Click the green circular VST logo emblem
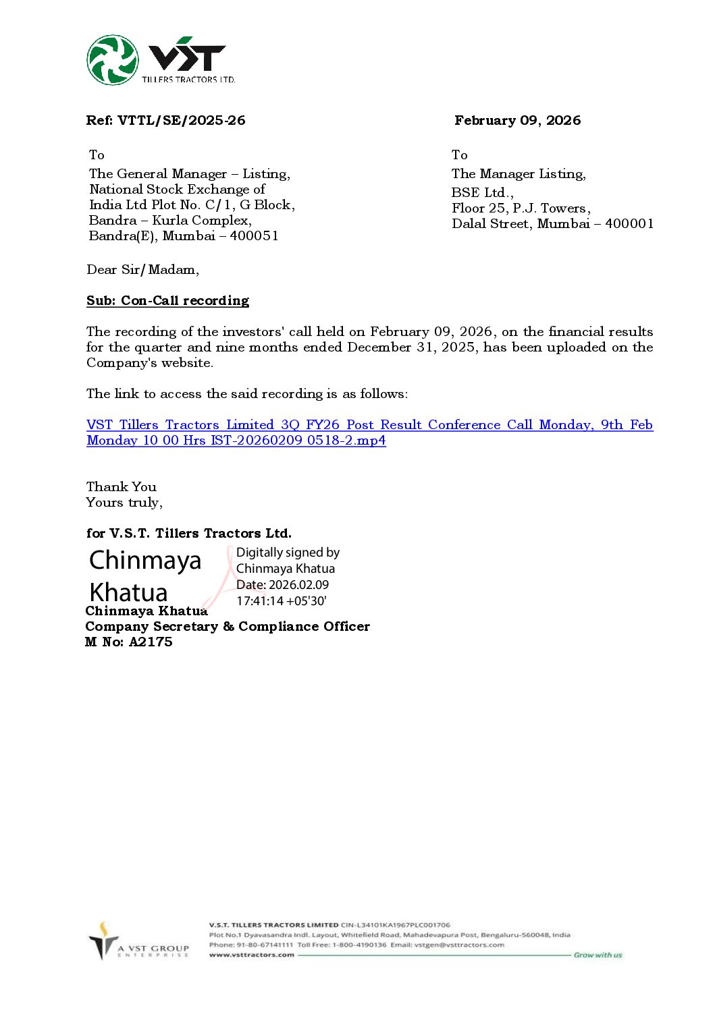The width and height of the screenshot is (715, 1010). point(113,60)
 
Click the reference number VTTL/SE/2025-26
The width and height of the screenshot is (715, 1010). point(181,121)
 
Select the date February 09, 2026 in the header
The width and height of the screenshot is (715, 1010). point(517,121)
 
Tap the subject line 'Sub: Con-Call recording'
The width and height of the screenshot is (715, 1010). point(167,301)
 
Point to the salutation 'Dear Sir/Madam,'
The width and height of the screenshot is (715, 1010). point(142,270)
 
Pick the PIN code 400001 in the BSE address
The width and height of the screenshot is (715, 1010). point(629,224)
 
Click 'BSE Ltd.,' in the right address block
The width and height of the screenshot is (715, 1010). point(482,192)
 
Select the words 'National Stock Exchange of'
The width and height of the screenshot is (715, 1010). point(177,190)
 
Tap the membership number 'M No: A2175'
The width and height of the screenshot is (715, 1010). point(128,642)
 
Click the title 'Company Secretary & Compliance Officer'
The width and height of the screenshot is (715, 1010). point(228,627)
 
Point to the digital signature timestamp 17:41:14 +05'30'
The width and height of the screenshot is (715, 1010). point(282,601)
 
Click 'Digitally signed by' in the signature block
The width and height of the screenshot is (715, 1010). point(288,553)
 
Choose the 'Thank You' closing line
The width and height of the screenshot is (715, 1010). point(121,487)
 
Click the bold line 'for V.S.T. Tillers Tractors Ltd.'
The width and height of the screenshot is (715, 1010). point(189,534)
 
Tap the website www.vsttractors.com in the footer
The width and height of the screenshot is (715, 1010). point(251,955)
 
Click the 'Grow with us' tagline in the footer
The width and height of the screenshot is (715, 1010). point(598,955)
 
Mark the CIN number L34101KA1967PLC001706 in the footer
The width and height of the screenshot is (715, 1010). point(404,925)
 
